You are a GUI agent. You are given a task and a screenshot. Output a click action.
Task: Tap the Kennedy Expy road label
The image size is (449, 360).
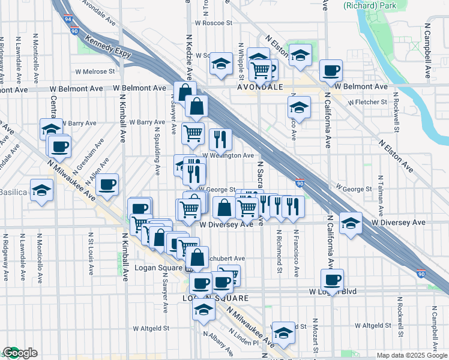(108, 47)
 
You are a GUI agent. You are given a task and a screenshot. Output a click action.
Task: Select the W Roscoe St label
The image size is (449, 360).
(212, 23)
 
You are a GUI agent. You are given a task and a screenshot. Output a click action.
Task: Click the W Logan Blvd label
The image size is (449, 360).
(333, 292)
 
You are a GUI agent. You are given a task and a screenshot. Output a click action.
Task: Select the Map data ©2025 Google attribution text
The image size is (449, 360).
(412, 355)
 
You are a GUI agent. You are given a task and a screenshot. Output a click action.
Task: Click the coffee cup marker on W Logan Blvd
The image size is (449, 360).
(332, 278)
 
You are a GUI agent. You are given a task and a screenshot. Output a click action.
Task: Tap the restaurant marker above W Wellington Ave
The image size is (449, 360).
(220, 139)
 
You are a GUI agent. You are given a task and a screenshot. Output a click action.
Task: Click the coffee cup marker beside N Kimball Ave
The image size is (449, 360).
(107, 184)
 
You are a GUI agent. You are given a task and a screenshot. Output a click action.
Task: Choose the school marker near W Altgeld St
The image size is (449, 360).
(283, 332)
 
